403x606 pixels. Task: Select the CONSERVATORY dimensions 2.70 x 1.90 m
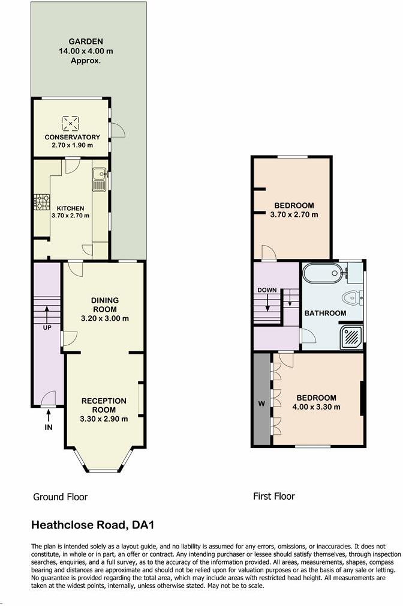click(x=72, y=145)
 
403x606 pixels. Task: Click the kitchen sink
click(x=100, y=179)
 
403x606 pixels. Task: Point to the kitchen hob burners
click(x=41, y=202)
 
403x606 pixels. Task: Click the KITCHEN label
click(x=71, y=208)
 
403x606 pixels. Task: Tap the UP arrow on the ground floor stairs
click(x=46, y=315)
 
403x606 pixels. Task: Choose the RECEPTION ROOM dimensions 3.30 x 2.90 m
click(x=104, y=419)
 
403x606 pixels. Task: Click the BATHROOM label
click(x=325, y=313)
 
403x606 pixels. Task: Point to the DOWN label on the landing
click(x=267, y=290)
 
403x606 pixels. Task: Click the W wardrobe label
click(x=261, y=403)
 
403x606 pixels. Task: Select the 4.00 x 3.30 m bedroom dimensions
click(x=318, y=407)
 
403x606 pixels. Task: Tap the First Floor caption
click(x=274, y=496)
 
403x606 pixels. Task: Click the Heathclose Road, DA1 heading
click(x=92, y=526)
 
